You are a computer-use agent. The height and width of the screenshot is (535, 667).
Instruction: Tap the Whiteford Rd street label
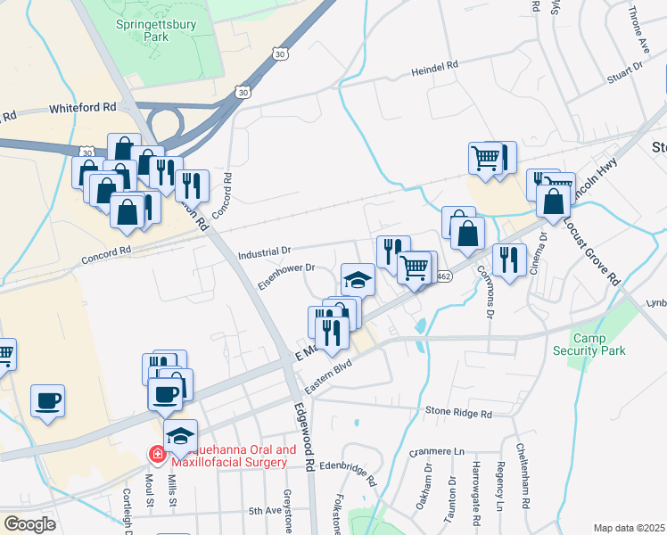pos(84,107)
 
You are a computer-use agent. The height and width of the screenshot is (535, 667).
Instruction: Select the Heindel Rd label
pos(434,68)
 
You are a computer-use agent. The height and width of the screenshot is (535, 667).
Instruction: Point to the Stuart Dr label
pos(624,70)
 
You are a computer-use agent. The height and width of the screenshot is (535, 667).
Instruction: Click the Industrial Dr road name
pos(265,253)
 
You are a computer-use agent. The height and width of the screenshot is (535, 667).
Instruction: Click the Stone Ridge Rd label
pos(458,414)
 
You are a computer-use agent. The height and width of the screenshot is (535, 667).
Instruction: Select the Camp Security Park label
pos(599,344)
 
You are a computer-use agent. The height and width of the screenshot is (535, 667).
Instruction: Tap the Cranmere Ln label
pos(438,452)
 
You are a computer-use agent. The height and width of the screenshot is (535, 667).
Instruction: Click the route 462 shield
pos(443,276)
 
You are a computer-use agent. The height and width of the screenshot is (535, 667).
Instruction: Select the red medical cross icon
pos(157,456)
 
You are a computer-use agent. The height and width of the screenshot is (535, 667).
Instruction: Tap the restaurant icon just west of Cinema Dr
pos(509,259)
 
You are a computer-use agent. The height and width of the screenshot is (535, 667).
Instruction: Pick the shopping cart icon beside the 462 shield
pos(416,267)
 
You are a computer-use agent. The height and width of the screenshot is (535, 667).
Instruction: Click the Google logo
pos(29,524)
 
